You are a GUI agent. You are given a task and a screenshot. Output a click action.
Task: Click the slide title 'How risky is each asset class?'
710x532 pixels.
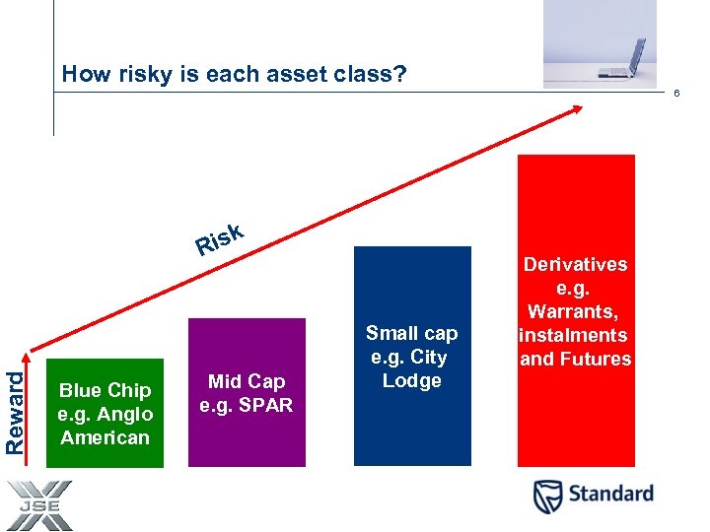tap(234, 74)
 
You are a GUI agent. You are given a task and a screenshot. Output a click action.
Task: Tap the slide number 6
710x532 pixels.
tap(676, 94)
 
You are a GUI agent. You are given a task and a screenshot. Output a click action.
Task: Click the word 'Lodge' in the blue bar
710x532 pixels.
tap(412, 381)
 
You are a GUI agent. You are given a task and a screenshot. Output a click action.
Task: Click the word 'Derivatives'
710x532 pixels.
tap(576, 264)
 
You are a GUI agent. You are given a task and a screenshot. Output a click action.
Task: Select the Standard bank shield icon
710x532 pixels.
tap(549, 496)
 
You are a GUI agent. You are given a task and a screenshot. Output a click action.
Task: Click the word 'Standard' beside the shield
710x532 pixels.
tap(611, 495)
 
